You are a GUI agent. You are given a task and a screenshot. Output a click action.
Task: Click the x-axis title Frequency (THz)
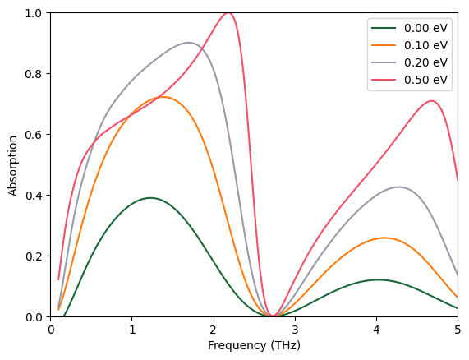pyautogui.click(x=254, y=346)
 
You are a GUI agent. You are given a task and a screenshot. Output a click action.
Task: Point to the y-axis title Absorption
pyautogui.click(x=12, y=165)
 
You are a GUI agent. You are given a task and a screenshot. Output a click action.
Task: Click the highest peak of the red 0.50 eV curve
pyautogui.click(x=228, y=13)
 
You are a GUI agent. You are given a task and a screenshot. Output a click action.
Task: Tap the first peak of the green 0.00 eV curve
pyautogui.click(x=150, y=198)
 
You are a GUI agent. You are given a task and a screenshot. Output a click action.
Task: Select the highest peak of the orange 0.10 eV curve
pyautogui.click(x=163, y=97)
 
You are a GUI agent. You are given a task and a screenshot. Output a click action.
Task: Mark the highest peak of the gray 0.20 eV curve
pyautogui.click(x=189, y=43)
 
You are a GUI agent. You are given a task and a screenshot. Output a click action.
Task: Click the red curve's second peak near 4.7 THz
pyautogui.click(x=431, y=101)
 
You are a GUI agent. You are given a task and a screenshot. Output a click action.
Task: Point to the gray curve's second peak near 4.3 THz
pyautogui.click(x=399, y=187)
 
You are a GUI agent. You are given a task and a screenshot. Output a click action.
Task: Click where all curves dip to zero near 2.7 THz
pyautogui.click(x=271, y=316)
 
